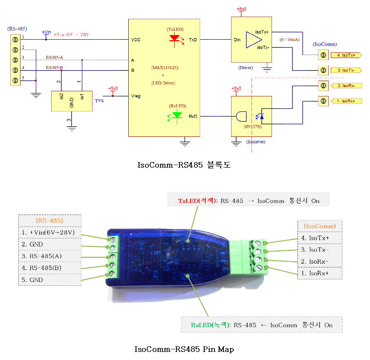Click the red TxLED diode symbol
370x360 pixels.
[x=174, y=38]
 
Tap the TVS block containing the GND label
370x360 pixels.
[x=72, y=101]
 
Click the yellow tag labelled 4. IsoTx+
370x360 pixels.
[x=346, y=55]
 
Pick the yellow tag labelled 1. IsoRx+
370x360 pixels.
[x=346, y=101]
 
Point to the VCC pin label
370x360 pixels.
[x=136, y=40]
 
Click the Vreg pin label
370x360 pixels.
[x=136, y=96]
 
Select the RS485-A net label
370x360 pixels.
[x=54, y=57]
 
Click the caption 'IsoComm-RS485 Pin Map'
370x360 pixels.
[x=184, y=349]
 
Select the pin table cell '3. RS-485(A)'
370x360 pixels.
[x=49, y=256]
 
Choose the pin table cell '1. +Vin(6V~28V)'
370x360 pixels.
[x=49, y=232]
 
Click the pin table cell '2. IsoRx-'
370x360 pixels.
[x=319, y=261]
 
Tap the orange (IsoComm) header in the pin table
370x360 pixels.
[x=319, y=226]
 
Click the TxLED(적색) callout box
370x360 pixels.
[x=249, y=200]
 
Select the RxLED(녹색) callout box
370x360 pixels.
[x=261, y=325]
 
